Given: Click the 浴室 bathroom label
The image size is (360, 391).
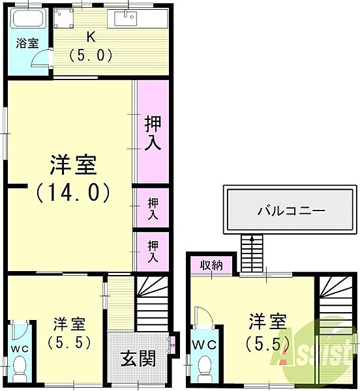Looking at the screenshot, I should point(27,44).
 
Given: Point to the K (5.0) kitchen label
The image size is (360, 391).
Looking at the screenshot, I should point(91,47).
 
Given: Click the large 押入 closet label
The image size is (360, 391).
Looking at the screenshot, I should point(153,133).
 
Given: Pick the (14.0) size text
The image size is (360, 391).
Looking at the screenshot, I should point(73,193).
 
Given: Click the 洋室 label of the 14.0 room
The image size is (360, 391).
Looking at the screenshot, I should point(73,166).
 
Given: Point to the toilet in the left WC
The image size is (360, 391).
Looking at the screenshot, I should point(20,365).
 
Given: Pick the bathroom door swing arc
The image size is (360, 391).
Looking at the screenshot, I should point(42,59).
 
